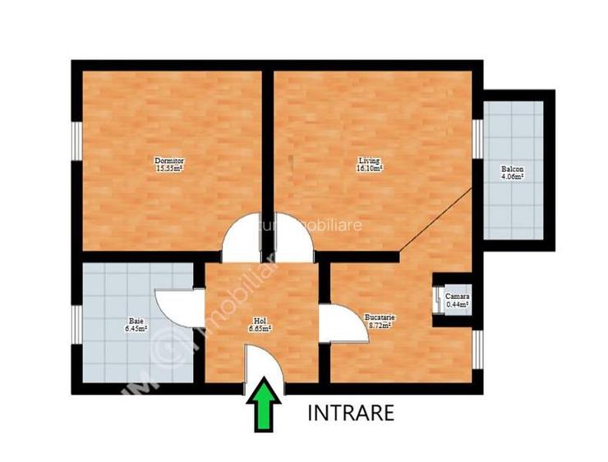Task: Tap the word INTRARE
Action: tap(351, 412)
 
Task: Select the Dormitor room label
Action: tap(169, 160)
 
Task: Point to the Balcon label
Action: tap(513, 170)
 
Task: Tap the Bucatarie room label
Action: tap(380, 317)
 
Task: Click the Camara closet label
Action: tap(458, 296)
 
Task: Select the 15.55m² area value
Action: tap(169, 168)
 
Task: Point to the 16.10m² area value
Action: tap(370, 168)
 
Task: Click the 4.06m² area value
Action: tap(513, 177)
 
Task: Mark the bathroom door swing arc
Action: tap(173, 309)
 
